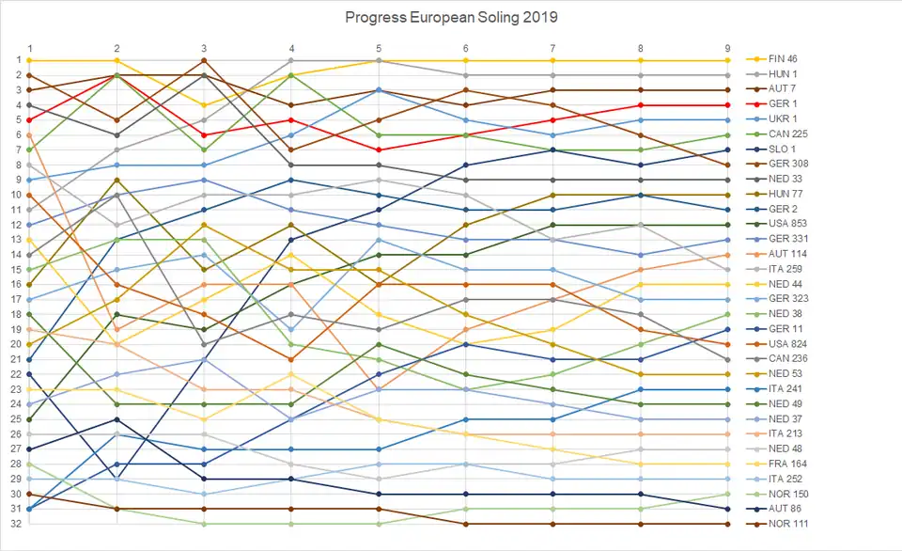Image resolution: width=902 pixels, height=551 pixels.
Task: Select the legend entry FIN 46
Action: [782, 59]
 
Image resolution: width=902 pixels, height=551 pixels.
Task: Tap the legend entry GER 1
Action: [782, 104]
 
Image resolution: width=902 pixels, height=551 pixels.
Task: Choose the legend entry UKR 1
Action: [782, 119]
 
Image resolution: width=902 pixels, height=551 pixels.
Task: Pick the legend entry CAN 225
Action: [785, 134]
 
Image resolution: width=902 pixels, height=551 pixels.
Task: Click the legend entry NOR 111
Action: [785, 524]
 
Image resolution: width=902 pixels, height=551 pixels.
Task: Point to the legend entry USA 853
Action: [785, 225]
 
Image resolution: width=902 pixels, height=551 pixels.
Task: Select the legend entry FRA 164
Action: [785, 464]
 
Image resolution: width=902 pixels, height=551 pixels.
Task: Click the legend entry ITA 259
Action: [785, 269]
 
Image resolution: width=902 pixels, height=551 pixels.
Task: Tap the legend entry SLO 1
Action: [782, 150]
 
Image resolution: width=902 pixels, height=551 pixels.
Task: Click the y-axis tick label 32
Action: [16, 524]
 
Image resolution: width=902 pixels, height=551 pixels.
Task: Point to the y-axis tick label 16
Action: [16, 284]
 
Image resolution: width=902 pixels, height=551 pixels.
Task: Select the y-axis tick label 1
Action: [18, 60]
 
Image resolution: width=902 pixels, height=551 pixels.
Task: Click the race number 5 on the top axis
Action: [379, 48]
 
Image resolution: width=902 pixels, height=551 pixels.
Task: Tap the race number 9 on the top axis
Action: [727, 48]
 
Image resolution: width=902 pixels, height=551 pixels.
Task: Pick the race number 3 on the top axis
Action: [204, 48]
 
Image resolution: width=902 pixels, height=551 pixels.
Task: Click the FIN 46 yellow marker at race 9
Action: [727, 60]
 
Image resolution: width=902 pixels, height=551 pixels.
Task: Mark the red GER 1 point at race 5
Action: [379, 150]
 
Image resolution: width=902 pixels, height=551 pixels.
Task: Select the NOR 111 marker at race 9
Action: [727, 524]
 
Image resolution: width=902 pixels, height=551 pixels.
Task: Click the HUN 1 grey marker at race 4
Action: [291, 60]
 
